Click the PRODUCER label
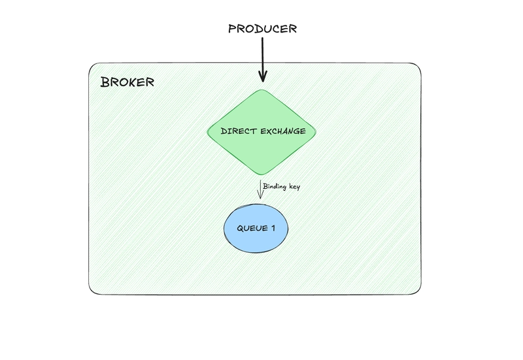pyautogui.click(x=261, y=29)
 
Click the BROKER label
pyautogui.click(x=127, y=82)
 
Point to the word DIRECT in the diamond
pyautogui.click(x=237, y=131)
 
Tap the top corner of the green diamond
pyautogui.click(x=261, y=90)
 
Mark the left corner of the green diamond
pyautogui.click(x=208, y=131)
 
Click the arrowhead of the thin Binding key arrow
pyautogui.click(x=260, y=196)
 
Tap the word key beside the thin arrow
pyautogui.click(x=294, y=188)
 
